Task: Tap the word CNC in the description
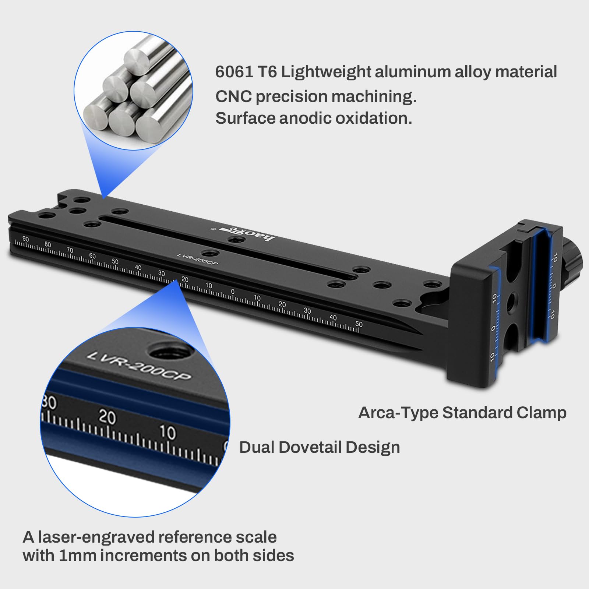point(233,96)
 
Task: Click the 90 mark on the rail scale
point(25,239)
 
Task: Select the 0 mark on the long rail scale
point(233,292)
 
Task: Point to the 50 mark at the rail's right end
point(359,324)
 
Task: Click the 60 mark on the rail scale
point(92,255)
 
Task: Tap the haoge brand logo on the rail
point(247,234)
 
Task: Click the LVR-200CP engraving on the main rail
point(197,259)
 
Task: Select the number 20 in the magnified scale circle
point(107,417)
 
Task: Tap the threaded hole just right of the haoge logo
point(236,240)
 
